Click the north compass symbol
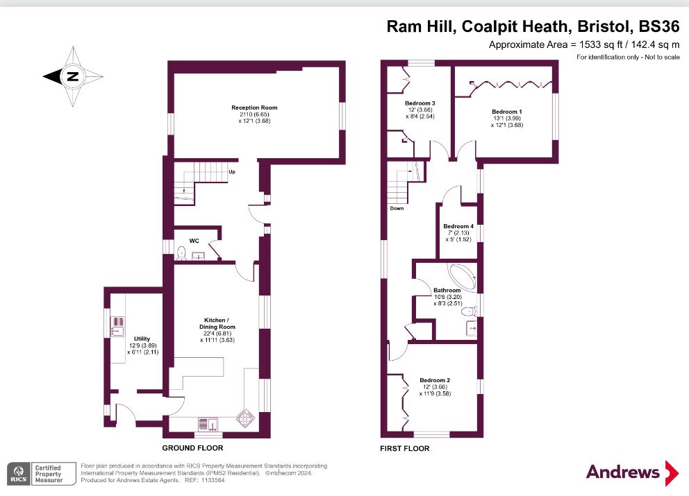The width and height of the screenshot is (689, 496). pos(72,76)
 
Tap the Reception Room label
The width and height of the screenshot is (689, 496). pos(254,108)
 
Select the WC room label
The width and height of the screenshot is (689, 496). pos(194,241)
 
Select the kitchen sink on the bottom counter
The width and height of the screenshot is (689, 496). pos(208,422)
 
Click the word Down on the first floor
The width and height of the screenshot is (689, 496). pos(397,207)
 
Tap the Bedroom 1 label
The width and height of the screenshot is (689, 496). pos(506,112)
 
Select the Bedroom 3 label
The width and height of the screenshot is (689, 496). pos(420,103)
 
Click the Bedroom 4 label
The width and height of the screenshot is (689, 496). pos(458,226)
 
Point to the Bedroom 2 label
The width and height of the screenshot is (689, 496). pos(435,380)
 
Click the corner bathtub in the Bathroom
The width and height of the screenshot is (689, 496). pos(458,275)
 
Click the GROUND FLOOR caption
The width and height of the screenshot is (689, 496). pos(193,449)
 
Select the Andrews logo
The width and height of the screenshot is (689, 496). pos(631,472)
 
